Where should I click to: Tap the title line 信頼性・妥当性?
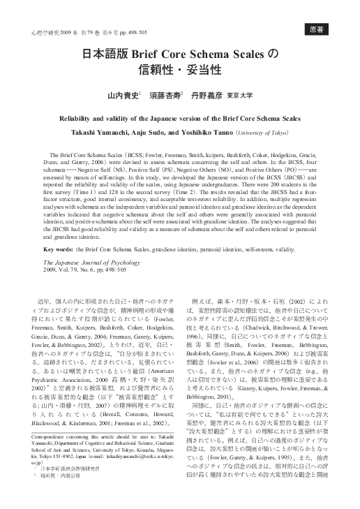[179, 71]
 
